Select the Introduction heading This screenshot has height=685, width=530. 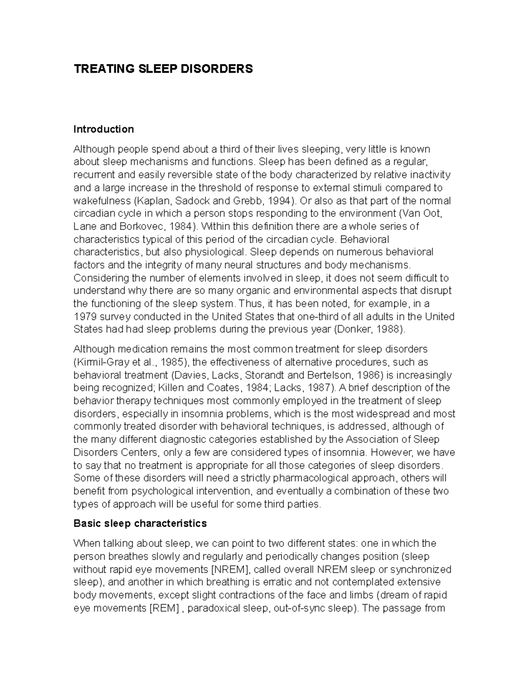[x=103, y=129]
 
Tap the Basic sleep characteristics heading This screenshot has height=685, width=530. [x=140, y=524]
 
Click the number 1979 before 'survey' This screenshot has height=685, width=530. [x=84, y=317]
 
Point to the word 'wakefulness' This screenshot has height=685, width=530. [x=101, y=201]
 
